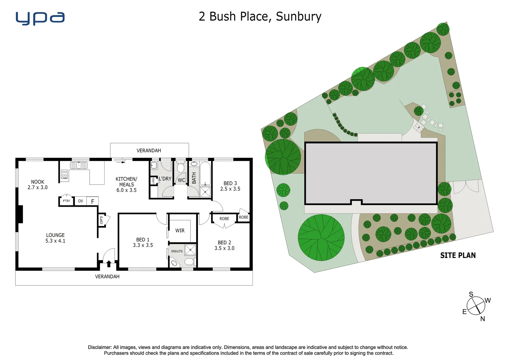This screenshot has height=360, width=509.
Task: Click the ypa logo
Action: coord(40,18)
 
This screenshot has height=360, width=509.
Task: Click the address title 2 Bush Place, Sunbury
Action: coord(260,16)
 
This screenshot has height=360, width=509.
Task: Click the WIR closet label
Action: coord(180,230)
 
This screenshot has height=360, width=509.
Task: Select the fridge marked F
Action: coord(93,201)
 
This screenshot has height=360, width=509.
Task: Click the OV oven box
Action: coord(80,201)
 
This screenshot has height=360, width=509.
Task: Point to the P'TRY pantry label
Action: coord(67,201)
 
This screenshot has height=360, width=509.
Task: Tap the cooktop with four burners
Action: coord(64,174)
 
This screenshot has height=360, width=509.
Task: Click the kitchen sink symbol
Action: coord(79,165)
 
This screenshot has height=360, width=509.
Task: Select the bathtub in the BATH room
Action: coord(205,173)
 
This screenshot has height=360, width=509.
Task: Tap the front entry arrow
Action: coord(109,264)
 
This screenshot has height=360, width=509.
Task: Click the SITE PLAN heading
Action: coord(458,255)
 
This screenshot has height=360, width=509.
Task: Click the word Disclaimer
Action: coord(99,347)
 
